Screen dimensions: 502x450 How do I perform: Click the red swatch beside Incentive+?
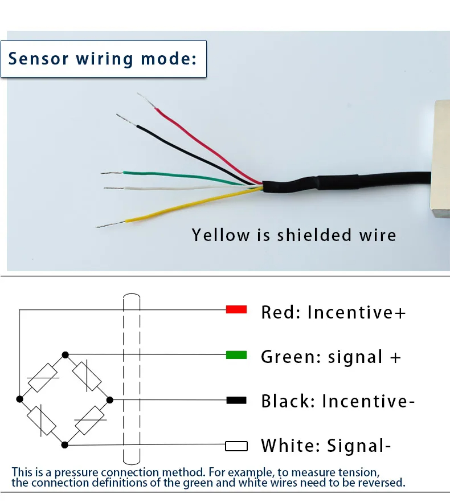[236, 309]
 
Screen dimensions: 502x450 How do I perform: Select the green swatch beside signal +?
[236, 355]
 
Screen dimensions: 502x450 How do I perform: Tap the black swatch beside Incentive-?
[236, 400]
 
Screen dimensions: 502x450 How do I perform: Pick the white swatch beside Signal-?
[236, 446]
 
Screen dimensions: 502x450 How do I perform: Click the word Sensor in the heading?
[39, 58]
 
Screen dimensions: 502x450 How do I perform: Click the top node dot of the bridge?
[66, 354]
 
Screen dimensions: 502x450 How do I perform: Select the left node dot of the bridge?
[19, 398]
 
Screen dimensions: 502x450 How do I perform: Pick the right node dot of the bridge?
[110, 399]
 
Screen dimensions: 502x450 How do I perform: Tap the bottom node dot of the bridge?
[66, 444]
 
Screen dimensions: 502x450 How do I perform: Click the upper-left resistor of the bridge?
[43, 377]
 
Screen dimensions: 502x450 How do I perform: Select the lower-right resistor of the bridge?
[88, 422]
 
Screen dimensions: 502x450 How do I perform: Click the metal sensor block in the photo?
[442, 160]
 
